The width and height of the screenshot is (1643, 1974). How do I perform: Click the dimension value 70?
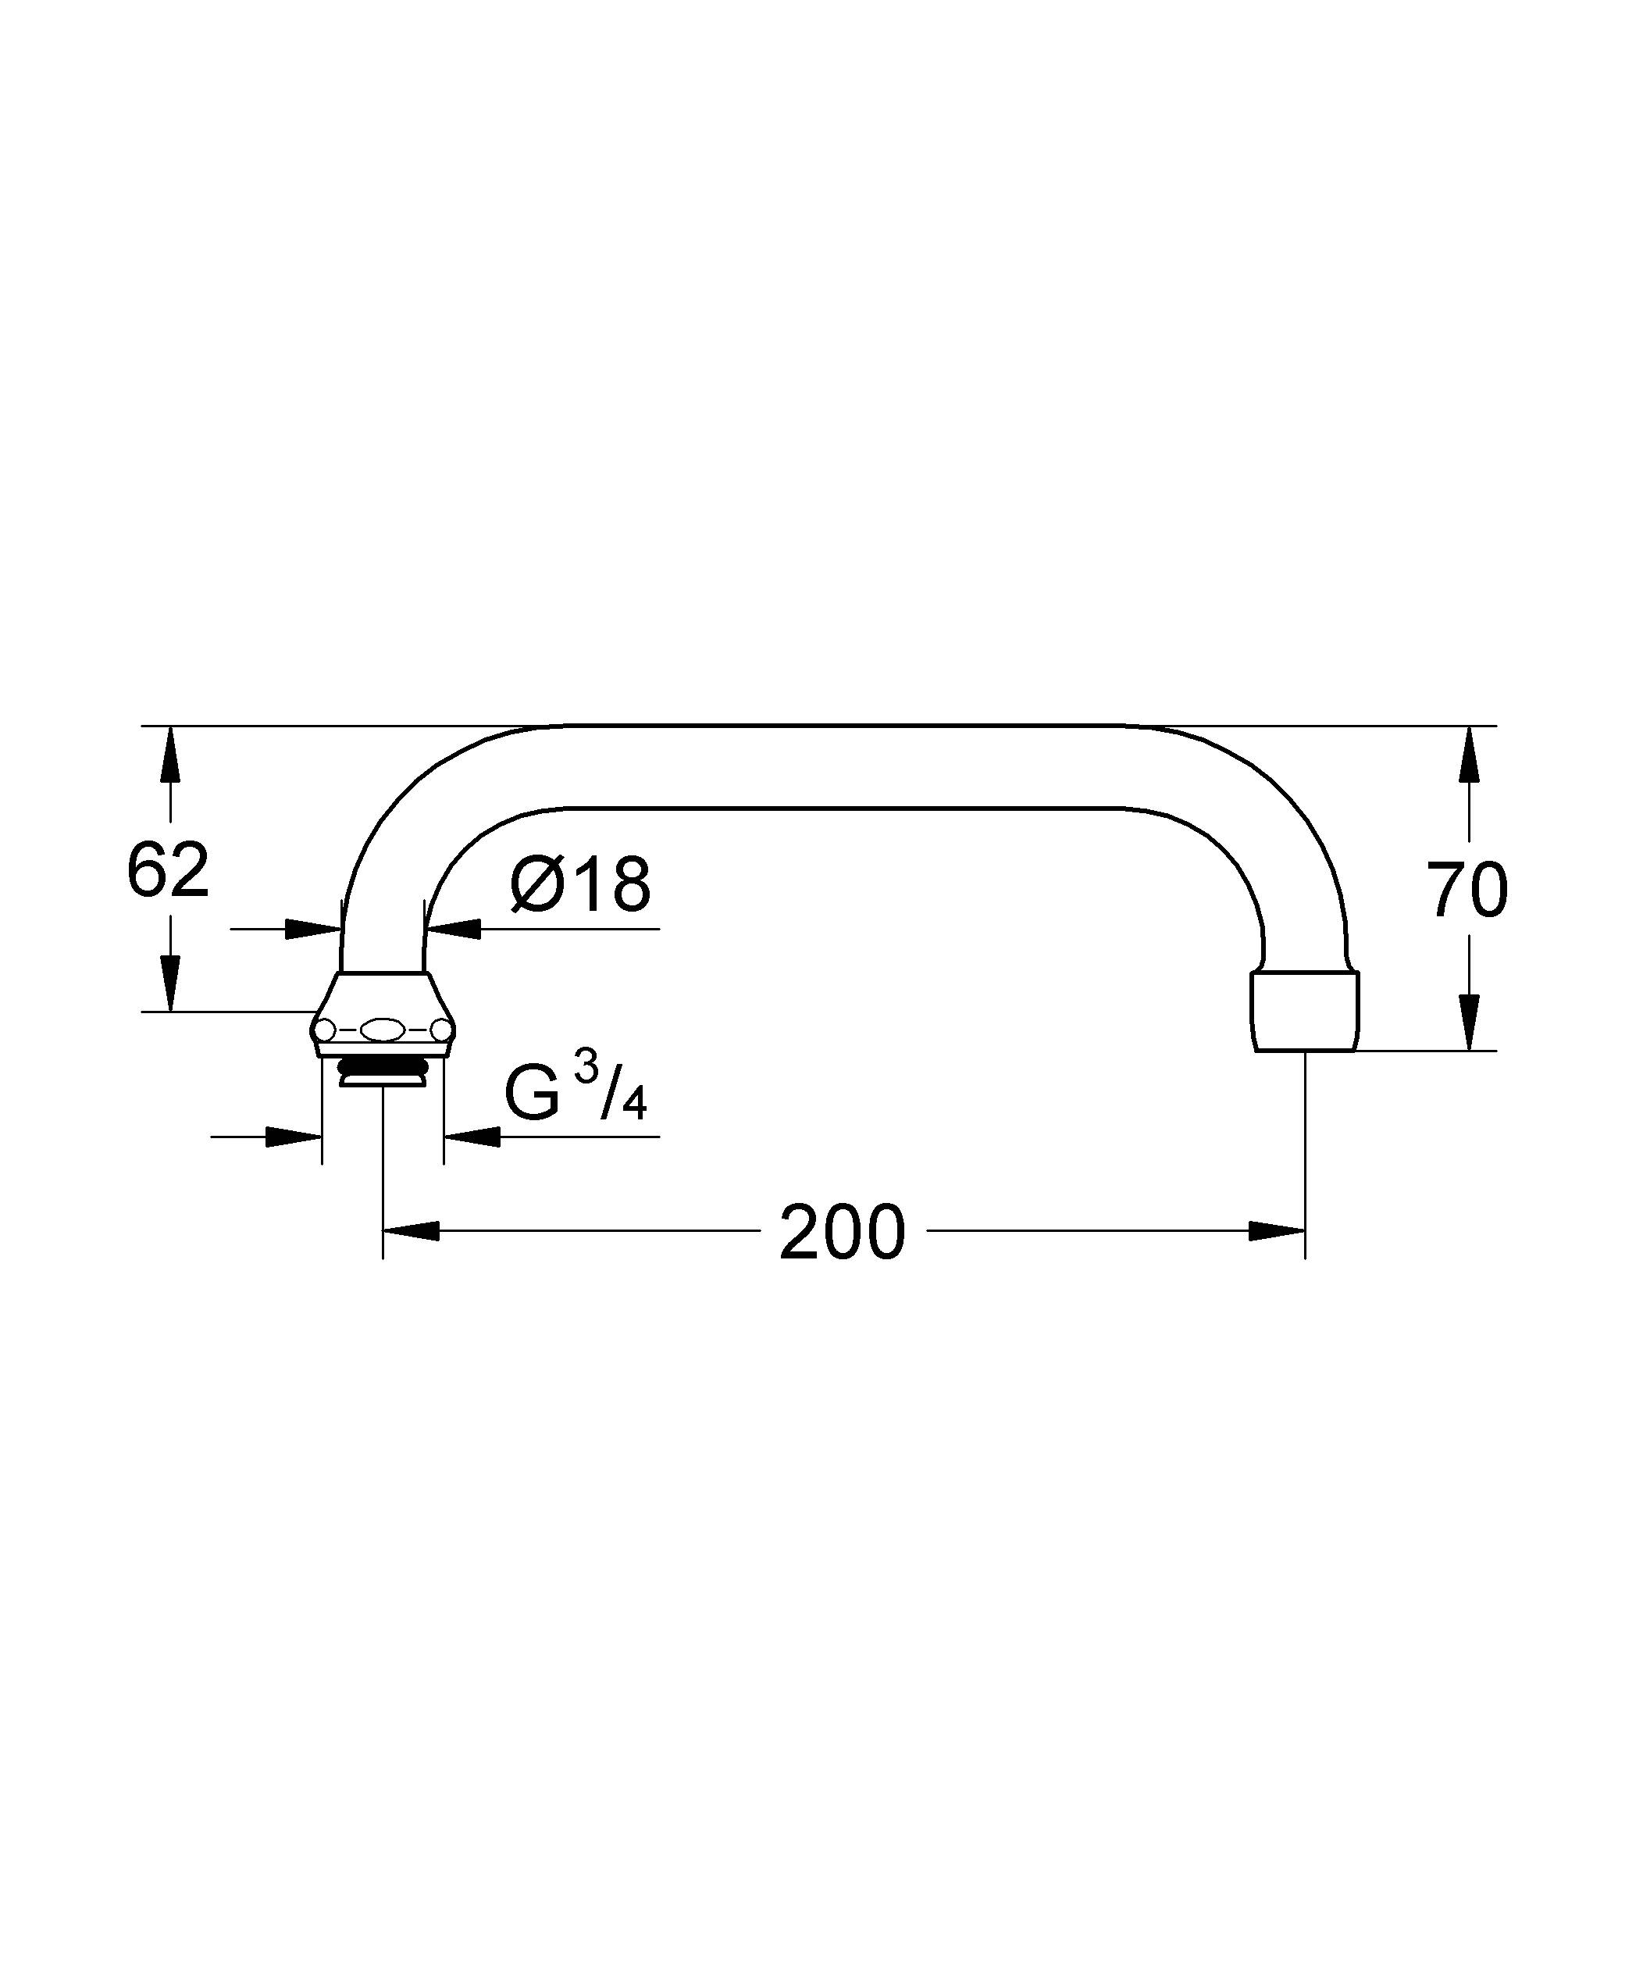tap(1467, 889)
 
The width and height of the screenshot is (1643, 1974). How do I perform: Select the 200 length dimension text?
tap(842, 1233)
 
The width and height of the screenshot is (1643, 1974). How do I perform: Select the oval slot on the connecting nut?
tap(382, 1031)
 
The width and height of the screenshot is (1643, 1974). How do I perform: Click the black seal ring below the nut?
tap(383, 1067)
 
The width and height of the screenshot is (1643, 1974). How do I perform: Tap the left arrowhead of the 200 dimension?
tap(412, 1231)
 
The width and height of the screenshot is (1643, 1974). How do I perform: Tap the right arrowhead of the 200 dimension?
tap(1277, 1231)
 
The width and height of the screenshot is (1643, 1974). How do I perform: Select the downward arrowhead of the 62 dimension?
tap(170, 982)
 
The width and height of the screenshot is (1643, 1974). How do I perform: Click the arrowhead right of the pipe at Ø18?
tap(453, 930)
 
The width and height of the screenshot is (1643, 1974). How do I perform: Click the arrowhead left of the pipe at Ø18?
tap(313, 930)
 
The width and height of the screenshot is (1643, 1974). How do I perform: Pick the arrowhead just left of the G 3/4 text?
tap(472, 1137)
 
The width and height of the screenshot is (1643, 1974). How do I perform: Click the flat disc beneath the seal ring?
tap(383, 1081)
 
